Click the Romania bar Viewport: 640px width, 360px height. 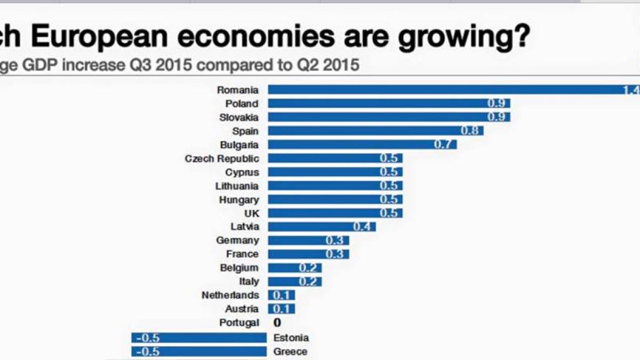(448, 90)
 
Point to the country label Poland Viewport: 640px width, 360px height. (242, 103)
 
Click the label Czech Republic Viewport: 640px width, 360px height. (222, 158)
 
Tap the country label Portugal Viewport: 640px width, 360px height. (239, 323)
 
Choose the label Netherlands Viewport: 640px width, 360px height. (230, 295)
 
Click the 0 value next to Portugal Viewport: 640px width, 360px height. (277, 323)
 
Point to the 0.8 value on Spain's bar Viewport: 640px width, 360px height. (469, 131)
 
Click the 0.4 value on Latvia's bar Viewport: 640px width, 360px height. (362, 227)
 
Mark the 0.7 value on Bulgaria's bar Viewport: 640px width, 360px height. (443, 145)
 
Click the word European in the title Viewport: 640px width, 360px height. (101, 38)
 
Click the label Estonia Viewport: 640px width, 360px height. (291, 338)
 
